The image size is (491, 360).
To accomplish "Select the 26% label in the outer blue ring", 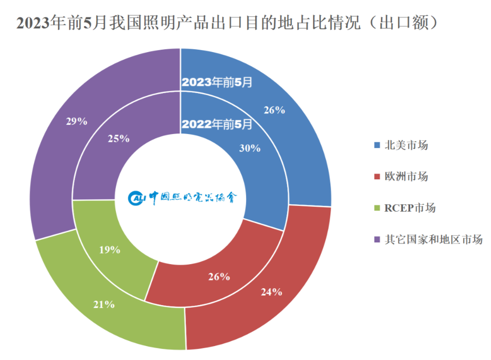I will click(274, 110).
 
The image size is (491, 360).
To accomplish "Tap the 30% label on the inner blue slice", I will click(250, 148).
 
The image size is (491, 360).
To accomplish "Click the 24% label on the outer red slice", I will click(272, 292).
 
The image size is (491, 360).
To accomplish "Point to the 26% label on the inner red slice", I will click(219, 277).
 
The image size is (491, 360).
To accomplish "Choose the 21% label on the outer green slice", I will click(104, 305).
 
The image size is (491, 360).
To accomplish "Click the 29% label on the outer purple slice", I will click(77, 121).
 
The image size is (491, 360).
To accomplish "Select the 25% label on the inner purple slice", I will click(119, 139).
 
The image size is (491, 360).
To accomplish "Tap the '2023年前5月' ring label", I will click(217, 82).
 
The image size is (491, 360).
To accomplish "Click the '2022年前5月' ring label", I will click(217, 124).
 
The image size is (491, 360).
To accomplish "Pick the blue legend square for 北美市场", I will click(377, 145).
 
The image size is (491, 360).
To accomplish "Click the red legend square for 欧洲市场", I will click(377, 176).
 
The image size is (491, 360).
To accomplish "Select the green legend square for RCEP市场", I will click(377, 208).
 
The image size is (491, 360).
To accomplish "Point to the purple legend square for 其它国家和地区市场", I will click(377, 240).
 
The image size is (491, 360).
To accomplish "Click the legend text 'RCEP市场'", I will click(410, 208).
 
